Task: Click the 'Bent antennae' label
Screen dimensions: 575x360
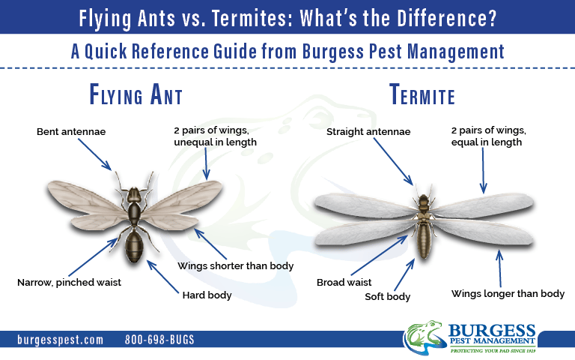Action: [x=71, y=131]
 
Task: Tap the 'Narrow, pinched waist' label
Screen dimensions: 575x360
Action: [x=69, y=283]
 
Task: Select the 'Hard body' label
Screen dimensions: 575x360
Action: [x=207, y=295]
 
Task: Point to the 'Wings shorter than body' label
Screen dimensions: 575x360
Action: [x=235, y=266]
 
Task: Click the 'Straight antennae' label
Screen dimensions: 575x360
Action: [x=368, y=132]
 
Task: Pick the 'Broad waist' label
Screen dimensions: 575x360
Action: [x=344, y=283]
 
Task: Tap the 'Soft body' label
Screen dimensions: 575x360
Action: [x=387, y=297]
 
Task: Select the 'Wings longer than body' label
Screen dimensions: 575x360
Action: [x=508, y=294]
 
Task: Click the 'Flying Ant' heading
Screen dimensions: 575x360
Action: [x=136, y=94]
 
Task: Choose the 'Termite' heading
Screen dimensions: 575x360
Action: [x=422, y=94]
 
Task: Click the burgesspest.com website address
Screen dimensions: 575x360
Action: [x=60, y=340]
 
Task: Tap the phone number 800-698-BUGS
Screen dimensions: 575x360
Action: [x=159, y=340]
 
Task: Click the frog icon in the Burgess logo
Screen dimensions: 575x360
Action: [x=425, y=337]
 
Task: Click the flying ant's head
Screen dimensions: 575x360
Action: [x=134, y=195]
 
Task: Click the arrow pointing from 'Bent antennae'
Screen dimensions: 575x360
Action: [x=94, y=154]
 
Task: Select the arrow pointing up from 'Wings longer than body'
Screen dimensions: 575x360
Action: [x=499, y=268]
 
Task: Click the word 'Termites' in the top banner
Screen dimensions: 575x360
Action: [x=252, y=18]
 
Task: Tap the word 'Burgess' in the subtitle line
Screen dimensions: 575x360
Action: [x=332, y=51]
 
